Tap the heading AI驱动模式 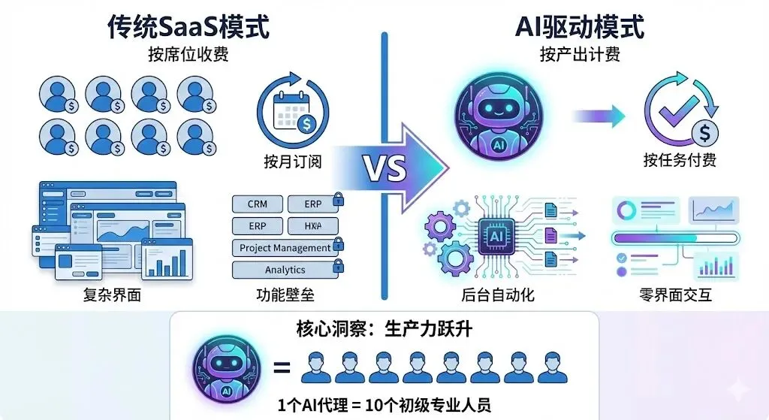579,27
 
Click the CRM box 257,204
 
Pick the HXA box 313,226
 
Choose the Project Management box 285,248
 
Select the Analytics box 285,270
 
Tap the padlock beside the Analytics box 339,266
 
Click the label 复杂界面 112,295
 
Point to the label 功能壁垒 285,295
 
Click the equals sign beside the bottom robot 282,368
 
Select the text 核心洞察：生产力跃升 384,331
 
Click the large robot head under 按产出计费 496,119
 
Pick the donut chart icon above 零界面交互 625,211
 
